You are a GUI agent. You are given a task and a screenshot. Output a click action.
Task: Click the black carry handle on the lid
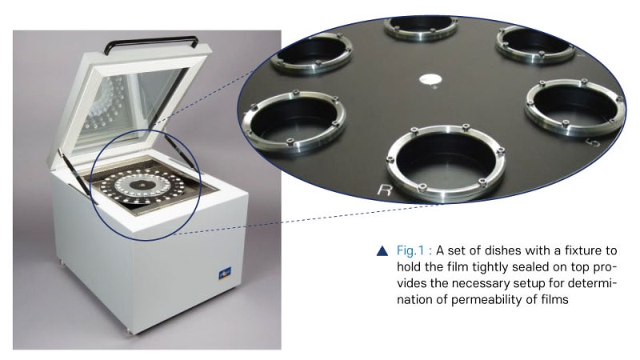(x=151, y=39)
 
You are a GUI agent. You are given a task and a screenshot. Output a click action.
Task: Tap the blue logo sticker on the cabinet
(x=225, y=272)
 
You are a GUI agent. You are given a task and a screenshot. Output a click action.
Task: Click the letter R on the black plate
(x=384, y=190)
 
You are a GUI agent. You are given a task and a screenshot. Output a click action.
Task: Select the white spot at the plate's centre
(x=431, y=78)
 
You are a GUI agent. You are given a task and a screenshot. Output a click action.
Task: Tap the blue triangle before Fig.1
(x=382, y=251)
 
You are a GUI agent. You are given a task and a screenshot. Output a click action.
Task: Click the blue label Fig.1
(x=410, y=250)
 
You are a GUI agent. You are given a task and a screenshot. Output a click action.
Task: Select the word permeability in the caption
(x=486, y=299)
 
